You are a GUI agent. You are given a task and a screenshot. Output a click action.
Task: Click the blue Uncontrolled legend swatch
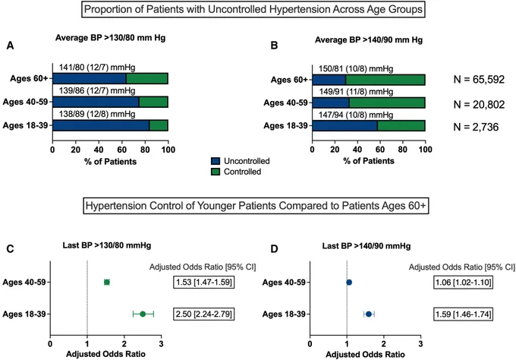216,161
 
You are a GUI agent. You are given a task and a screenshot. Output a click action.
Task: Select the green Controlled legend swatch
216,172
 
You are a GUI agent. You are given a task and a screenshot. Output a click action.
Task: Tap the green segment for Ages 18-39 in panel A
159,125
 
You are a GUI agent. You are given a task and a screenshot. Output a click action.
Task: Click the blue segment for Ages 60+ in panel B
329,80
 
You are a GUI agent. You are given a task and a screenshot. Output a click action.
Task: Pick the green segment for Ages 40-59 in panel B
387,103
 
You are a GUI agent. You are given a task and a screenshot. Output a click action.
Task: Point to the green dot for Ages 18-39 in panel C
143,314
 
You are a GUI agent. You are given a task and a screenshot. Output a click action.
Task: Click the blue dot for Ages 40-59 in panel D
349,283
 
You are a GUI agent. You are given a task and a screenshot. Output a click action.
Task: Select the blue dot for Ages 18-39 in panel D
369,314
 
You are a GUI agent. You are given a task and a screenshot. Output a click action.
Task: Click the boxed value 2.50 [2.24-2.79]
204,314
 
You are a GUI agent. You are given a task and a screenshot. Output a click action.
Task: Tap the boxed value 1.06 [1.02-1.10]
464,283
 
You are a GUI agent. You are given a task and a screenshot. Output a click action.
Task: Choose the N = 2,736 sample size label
476,127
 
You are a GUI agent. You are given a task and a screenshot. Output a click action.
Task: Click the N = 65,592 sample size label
479,80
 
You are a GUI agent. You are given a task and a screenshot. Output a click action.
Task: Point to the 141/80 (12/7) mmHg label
97,68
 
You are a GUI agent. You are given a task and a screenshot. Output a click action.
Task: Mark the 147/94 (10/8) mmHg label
356,115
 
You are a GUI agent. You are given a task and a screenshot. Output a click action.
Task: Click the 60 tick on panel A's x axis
121,150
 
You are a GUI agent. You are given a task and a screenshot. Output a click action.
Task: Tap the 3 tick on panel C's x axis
161,344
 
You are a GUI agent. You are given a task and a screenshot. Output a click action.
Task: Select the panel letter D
274,248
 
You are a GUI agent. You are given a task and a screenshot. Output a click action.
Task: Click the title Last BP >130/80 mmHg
107,245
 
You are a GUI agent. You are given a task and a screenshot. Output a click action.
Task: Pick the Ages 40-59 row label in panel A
25,102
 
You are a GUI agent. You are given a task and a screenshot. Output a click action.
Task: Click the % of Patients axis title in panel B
369,161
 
